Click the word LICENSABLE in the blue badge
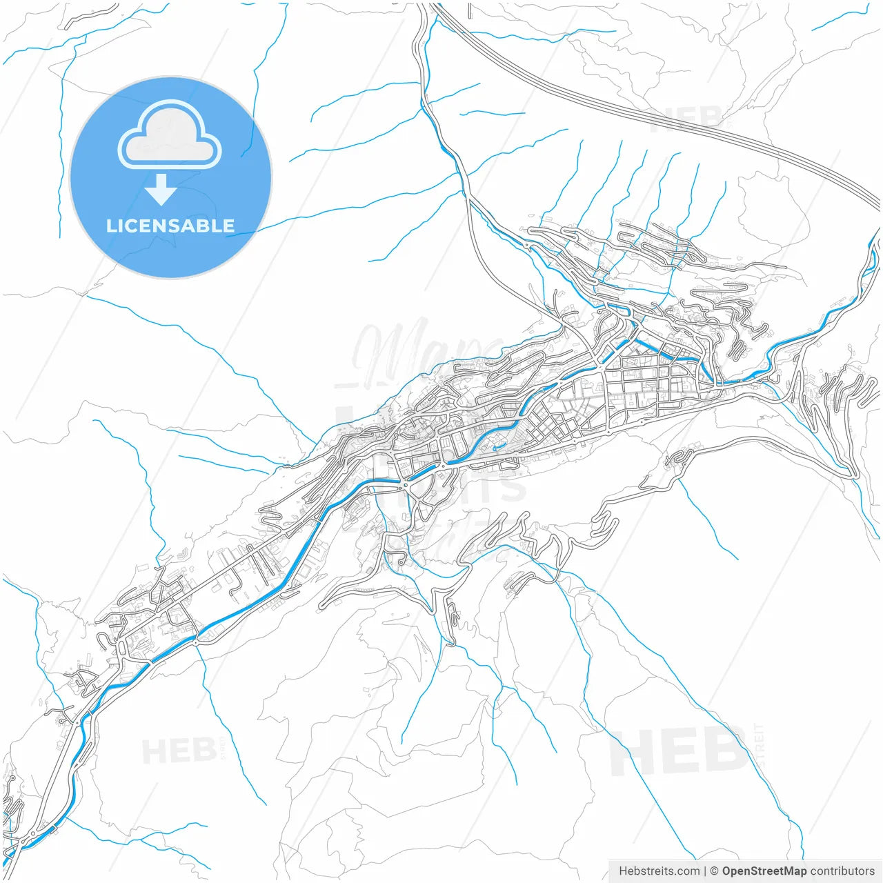170,226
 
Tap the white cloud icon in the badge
170,135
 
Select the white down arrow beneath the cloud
161,190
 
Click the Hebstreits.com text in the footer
659,871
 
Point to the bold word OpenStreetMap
764,871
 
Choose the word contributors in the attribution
842,871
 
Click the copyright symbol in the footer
715,871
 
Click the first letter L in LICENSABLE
110,226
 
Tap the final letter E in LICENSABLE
228,226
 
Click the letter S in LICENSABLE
168,226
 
